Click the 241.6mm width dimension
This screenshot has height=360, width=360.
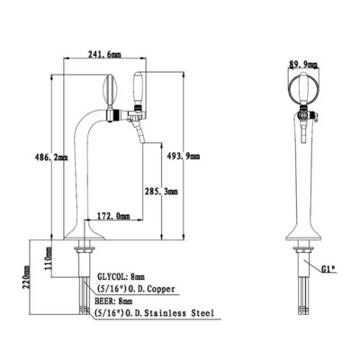pos(104,54)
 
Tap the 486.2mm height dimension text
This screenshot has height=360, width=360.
pos(50,157)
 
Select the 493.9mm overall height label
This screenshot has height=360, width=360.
pos(183,156)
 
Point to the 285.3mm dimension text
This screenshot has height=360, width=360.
pos(161,191)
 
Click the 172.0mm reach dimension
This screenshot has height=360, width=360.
pos(113,215)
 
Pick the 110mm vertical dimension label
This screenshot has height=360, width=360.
pos(49,258)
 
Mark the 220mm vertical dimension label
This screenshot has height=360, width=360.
pos(27,276)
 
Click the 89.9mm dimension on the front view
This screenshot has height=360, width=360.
pos(303,64)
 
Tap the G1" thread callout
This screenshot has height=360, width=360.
pos(329,269)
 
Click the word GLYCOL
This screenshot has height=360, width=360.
pos(110,276)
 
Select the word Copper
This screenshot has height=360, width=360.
pos(161,289)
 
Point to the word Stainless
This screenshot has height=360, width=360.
pos(166,313)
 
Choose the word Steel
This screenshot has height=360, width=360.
pos(202,313)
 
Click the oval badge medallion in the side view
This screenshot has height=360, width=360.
pos(109,89)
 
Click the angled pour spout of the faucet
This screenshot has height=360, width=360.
pos(138,132)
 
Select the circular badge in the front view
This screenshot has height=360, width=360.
pos(303,89)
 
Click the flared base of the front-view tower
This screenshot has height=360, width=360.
pos(303,233)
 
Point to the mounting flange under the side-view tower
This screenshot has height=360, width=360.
pos(85,248)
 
